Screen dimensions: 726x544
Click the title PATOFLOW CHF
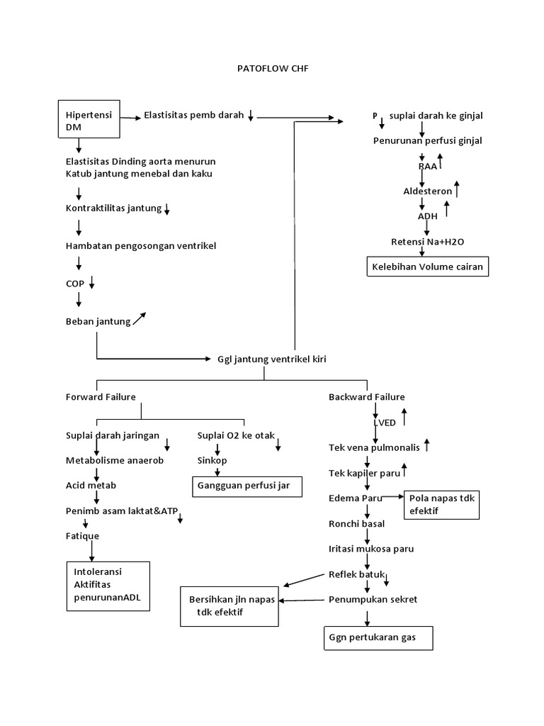point(273,69)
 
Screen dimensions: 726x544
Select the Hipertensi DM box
point(89,120)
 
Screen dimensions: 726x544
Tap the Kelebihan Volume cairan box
point(427,267)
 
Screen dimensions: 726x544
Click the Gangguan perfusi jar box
point(247,487)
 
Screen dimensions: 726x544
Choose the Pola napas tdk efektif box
point(441,504)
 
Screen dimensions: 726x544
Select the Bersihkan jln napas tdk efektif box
point(229,605)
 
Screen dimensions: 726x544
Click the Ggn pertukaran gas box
point(378,637)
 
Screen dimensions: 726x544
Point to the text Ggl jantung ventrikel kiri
point(272,359)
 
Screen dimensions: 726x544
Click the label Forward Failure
point(101,397)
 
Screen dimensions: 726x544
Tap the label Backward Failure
point(366,397)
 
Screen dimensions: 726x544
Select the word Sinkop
point(212,460)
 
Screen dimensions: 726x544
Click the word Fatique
point(82,536)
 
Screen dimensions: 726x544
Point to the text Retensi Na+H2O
point(427,242)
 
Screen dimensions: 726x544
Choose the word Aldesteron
point(427,191)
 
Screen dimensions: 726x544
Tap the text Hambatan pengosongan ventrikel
point(140,245)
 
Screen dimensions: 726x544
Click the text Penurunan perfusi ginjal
point(427,140)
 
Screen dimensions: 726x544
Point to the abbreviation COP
point(75,283)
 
